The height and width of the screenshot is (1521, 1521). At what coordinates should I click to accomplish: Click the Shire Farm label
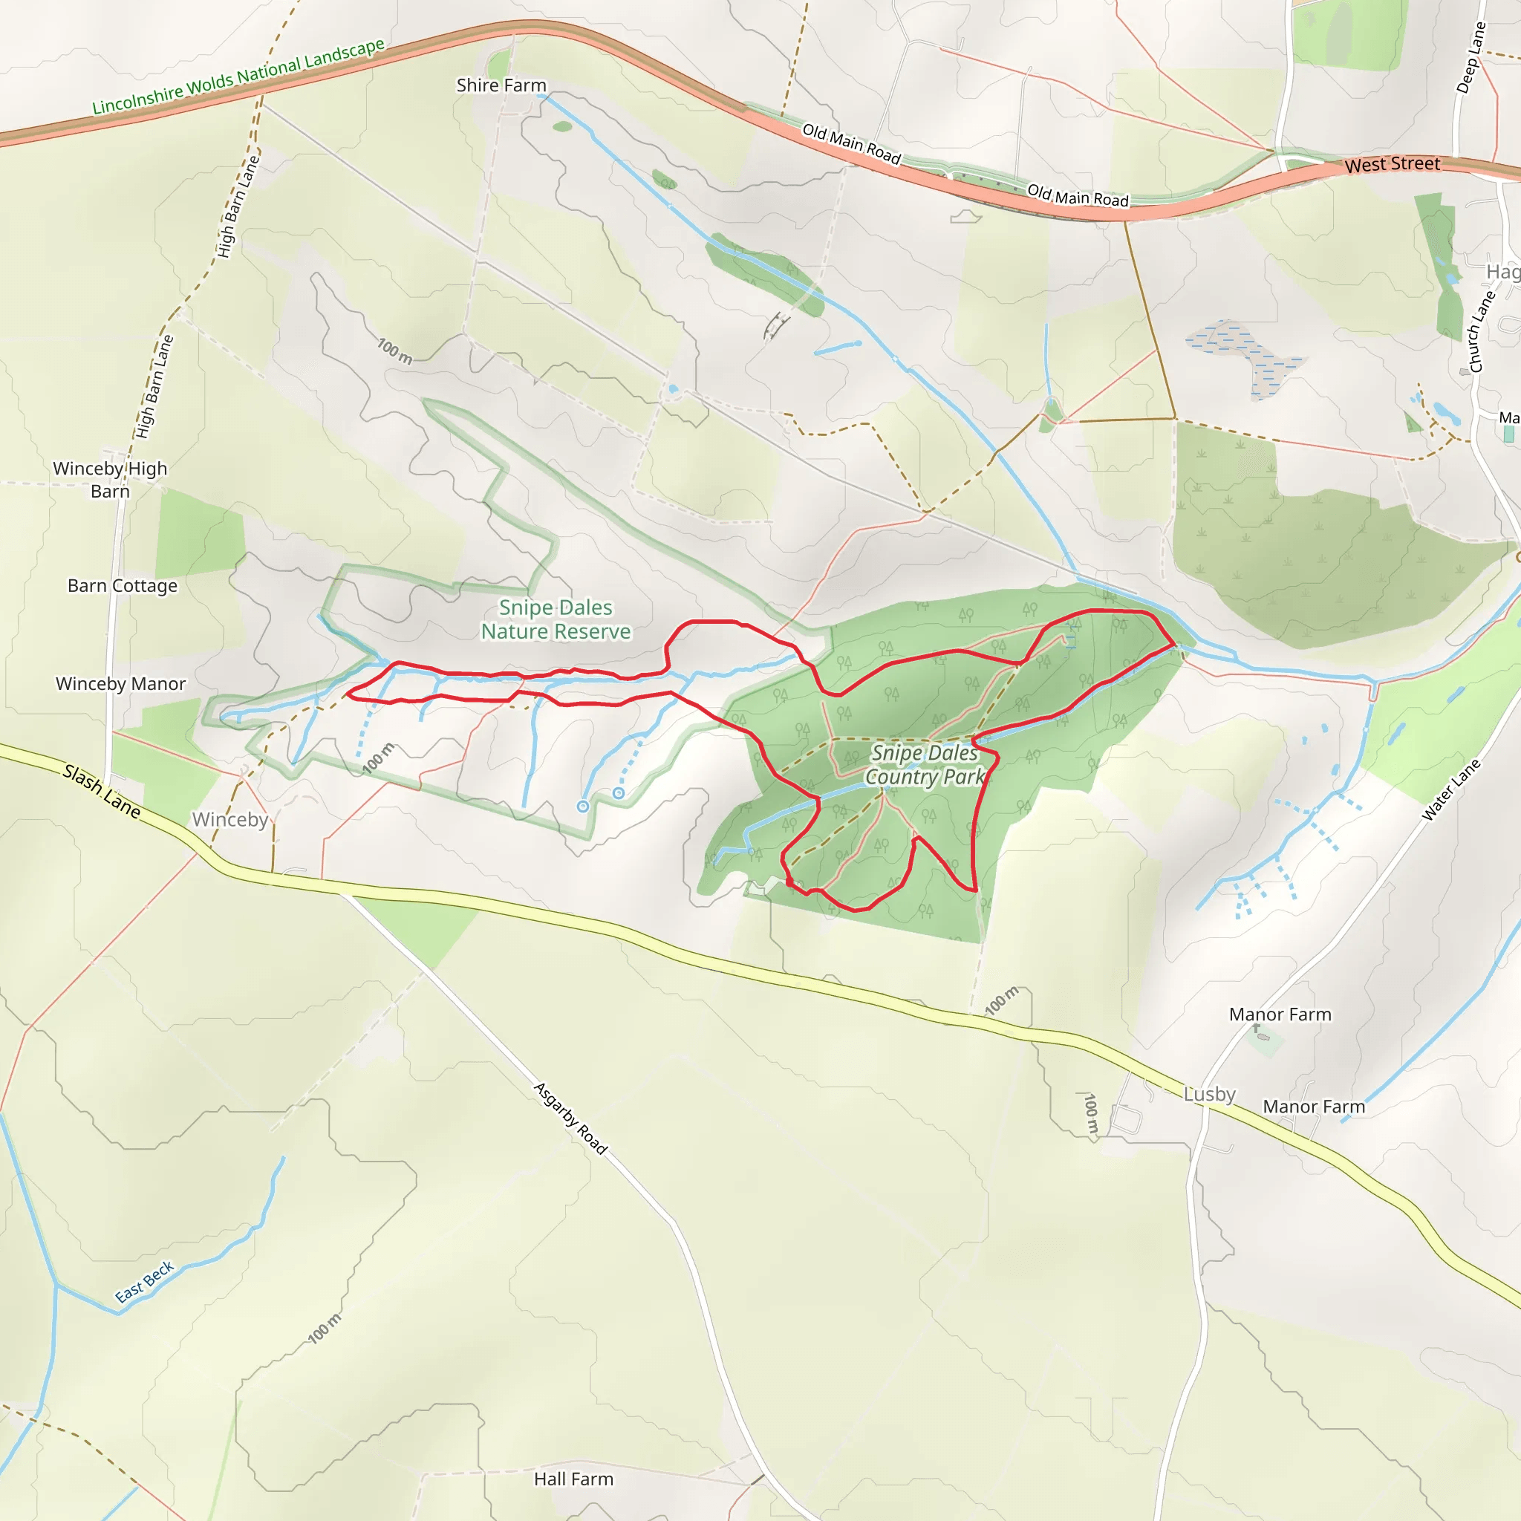(x=501, y=85)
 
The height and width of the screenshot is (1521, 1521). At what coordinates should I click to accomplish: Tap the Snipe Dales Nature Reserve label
(x=556, y=619)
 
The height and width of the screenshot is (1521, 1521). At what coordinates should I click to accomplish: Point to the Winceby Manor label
(x=120, y=683)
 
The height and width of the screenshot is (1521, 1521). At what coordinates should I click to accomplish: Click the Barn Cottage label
(x=122, y=586)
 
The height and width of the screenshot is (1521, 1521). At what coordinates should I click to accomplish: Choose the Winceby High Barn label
(x=110, y=480)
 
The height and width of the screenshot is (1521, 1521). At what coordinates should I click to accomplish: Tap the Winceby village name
(x=230, y=820)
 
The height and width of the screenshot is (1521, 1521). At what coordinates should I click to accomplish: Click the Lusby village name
(x=1209, y=1094)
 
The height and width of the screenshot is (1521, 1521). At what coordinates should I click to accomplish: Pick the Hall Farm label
(x=573, y=1479)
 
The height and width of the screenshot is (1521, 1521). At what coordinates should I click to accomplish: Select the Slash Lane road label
(x=102, y=791)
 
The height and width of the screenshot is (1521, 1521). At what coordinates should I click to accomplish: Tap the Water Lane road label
(x=1450, y=790)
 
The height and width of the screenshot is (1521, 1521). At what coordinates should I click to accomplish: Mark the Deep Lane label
(x=1470, y=57)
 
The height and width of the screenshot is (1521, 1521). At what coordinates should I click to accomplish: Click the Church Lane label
(x=1481, y=331)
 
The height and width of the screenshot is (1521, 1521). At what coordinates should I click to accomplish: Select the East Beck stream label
(x=144, y=1283)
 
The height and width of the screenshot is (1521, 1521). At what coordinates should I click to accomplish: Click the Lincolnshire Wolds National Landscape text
(x=238, y=76)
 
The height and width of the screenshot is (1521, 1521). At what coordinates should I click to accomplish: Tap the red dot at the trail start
(x=789, y=883)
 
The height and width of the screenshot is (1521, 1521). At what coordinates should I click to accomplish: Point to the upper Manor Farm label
(x=1280, y=1014)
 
